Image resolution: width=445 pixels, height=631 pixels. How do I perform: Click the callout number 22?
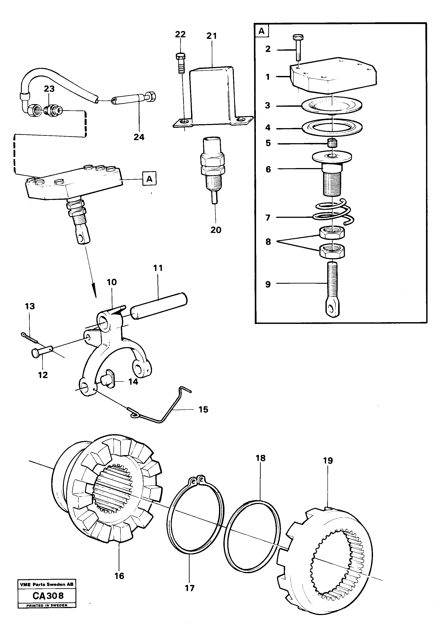[180, 34]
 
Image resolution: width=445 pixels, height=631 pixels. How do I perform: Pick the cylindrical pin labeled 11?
[159, 306]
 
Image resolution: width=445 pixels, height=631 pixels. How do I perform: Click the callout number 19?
[328, 461]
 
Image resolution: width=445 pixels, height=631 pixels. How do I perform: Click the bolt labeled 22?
[180, 63]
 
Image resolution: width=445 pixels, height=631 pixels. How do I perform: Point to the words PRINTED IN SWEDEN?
[47, 605]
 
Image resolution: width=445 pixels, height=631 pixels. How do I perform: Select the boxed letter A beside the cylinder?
[149, 179]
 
